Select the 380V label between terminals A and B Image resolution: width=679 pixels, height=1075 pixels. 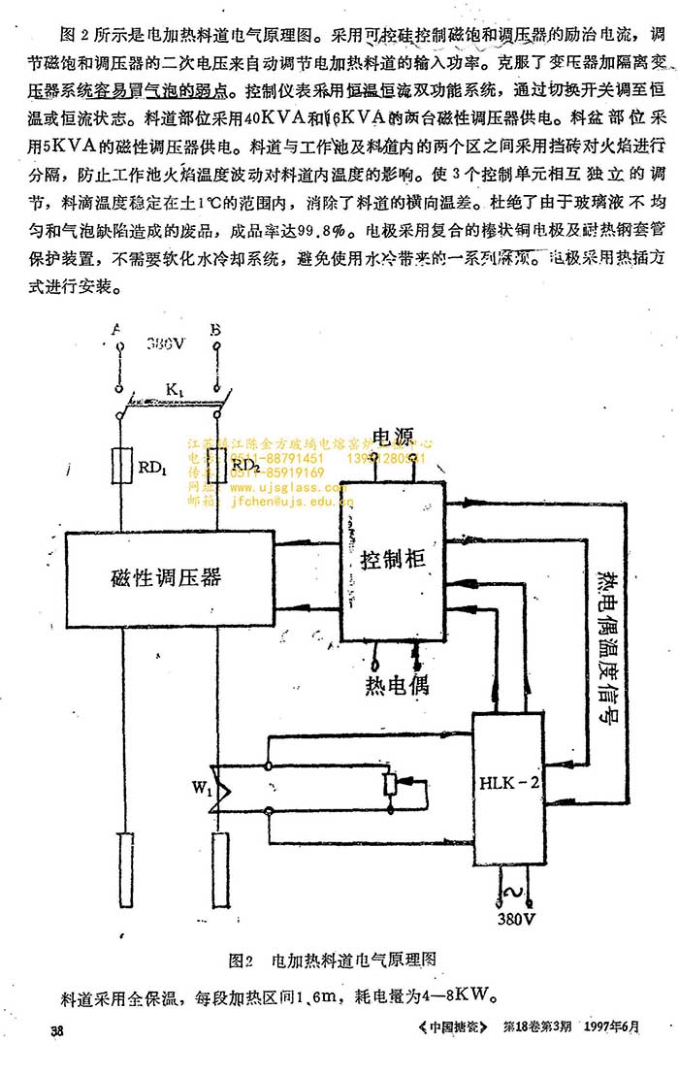[x=167, y=344]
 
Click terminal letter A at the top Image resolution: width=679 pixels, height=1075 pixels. [x=117, y=330]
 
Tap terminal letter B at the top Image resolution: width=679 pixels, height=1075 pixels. [x=215, y=330]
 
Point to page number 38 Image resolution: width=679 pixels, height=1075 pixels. [x=58, y=1030]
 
